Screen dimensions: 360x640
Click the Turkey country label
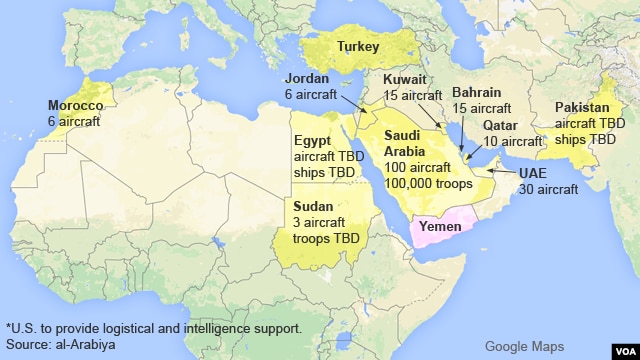coord(358,46)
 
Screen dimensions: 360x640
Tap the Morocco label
coord(75,106)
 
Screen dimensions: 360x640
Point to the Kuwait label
coord(404,79)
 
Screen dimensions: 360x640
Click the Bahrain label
coord(476,92)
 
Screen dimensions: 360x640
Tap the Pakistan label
coord(586,107)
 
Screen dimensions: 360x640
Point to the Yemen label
coord(440,227)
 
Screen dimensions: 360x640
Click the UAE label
coord(534,173)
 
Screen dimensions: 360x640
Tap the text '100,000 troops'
coord(428,184)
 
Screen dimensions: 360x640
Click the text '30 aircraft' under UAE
coord(549,189)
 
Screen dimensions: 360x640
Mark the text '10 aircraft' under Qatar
coord(512,141)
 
